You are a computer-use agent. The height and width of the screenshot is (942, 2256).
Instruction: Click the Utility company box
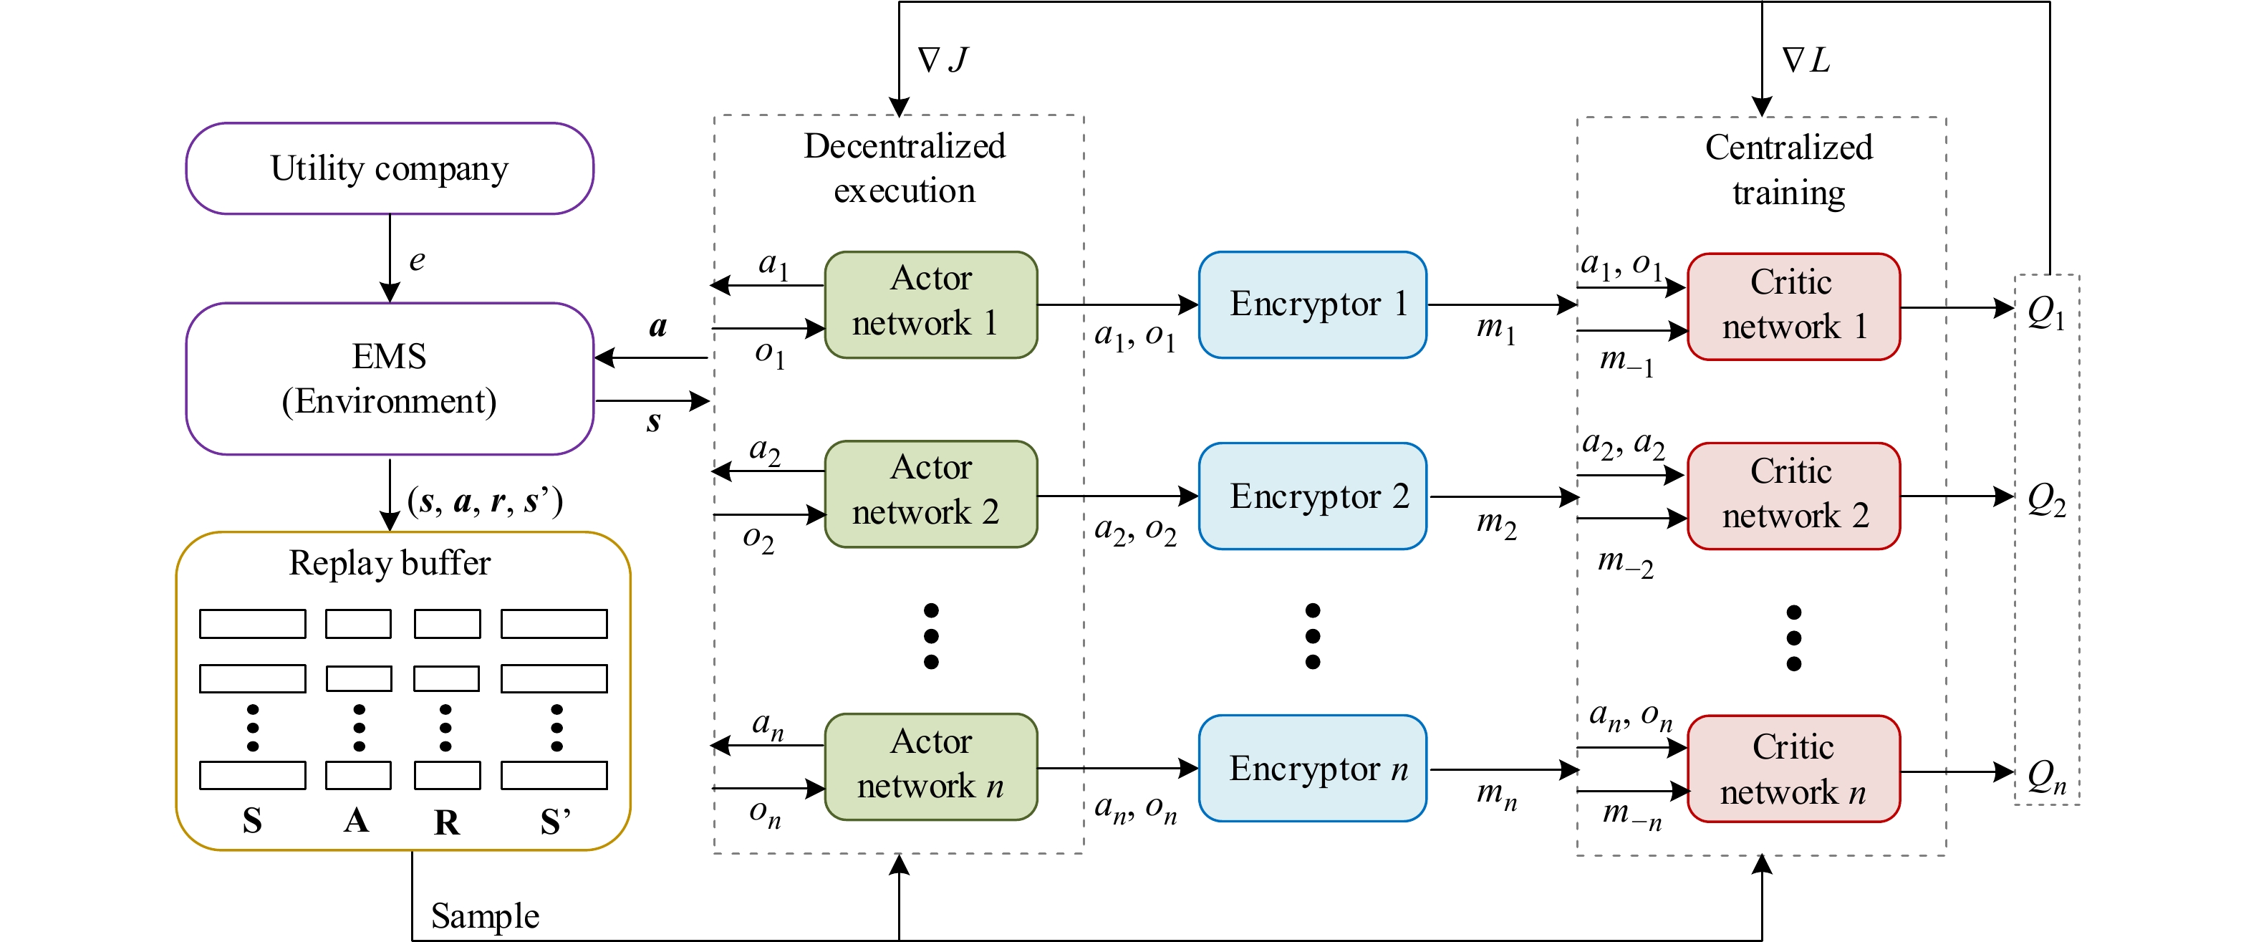(389, 168)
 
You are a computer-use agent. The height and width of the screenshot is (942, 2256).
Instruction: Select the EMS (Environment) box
(389, 378)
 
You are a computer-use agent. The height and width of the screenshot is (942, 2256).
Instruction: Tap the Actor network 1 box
(930, 304)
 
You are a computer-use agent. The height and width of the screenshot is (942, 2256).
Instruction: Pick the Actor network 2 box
(930, 494)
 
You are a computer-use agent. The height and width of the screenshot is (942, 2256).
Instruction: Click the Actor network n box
(930, 766)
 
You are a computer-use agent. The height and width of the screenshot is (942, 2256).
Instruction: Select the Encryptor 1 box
(1312, 304)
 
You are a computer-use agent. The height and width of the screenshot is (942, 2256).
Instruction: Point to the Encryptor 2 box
(1312, 496)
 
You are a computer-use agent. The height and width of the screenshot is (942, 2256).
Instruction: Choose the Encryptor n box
(1312, 769)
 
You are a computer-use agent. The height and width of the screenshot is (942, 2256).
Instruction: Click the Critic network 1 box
(1793, 307)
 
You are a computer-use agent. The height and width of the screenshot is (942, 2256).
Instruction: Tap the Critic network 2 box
(1793, 496)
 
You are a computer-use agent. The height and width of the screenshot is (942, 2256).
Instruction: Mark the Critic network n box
(1793, 769)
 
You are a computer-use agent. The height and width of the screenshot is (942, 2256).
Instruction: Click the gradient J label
(943, 59)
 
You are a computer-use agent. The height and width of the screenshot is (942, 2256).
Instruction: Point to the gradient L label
(1806, 59)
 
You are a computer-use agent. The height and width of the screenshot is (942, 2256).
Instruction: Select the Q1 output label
(2046, 312)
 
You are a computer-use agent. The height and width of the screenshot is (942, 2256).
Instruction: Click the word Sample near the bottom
(484, 915)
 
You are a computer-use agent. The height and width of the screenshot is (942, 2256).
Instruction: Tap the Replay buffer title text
(389, 562)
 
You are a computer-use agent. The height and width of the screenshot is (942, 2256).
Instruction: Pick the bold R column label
(447, 822)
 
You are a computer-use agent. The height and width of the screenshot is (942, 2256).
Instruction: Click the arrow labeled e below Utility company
(390, 259)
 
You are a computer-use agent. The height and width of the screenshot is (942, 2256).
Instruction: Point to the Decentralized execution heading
(904, 168)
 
